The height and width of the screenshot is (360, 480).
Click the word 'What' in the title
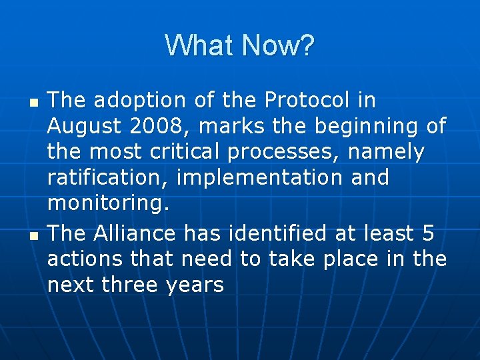click(x=201, y=46)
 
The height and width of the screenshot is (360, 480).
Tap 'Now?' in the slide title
click(x=278, y=46)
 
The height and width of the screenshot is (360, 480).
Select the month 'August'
click(x=84, y=126)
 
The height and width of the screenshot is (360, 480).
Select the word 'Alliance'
click(x=135, y=233)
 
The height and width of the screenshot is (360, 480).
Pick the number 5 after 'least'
click(x=427, y=233)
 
